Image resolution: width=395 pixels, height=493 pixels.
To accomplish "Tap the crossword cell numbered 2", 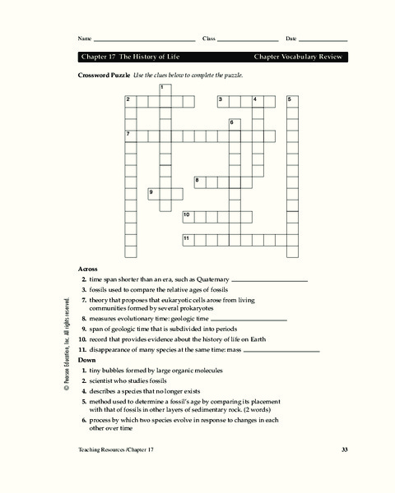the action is point(130,101).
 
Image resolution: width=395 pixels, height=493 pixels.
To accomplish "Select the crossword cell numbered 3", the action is point(222,101).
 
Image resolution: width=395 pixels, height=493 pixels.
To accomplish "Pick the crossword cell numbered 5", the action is point(292,101).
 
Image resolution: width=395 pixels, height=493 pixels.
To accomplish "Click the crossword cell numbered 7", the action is point(130,136).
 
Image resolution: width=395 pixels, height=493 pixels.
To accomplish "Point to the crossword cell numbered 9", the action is point(153,194).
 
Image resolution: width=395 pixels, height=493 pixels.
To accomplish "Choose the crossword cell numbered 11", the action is point(188,240).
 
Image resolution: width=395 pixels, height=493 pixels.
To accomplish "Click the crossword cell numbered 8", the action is point(199,182).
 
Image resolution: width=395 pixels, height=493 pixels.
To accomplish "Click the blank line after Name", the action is point(144,39).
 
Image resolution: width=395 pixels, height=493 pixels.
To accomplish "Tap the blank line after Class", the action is point(249,39).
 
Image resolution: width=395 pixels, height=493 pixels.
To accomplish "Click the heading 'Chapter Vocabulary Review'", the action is point(300,58).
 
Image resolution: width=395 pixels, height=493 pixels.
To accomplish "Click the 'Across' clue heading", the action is point(87,270).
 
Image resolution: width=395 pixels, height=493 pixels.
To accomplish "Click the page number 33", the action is point(345,450).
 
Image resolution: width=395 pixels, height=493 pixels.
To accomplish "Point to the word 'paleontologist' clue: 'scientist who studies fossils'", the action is point(132,380).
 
